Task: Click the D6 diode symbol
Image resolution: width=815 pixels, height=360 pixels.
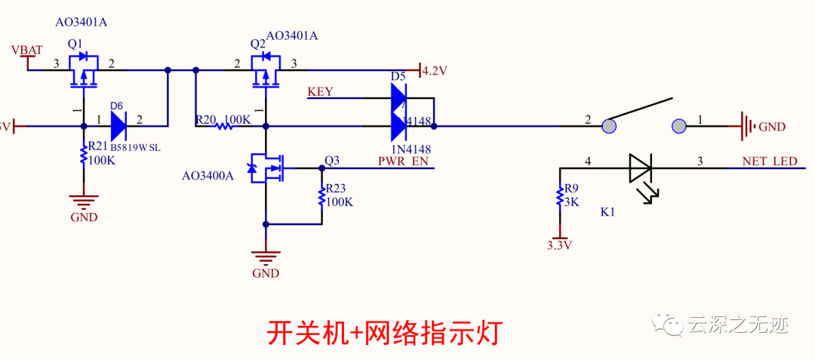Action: coord(119,126)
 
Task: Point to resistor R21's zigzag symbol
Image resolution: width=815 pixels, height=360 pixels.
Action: coord(84,156)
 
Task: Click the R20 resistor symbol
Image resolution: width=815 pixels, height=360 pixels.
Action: coord(223,127)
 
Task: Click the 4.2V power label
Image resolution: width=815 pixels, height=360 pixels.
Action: coord(434,71)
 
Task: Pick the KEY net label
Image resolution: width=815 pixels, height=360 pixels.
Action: coord(320,92)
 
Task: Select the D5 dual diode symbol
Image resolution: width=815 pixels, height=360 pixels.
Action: coord(398,112)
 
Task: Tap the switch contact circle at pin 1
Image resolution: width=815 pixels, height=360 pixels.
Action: coord(678,126)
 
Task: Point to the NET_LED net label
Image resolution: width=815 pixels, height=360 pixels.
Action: coord(769,162)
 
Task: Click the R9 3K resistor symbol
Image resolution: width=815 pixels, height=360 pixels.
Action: coord(559,197)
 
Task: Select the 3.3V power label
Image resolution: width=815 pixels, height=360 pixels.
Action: coord(559,245)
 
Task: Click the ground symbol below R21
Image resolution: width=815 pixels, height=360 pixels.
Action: coord(84,202)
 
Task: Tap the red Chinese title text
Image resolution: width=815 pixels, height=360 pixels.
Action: coord(385,331)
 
